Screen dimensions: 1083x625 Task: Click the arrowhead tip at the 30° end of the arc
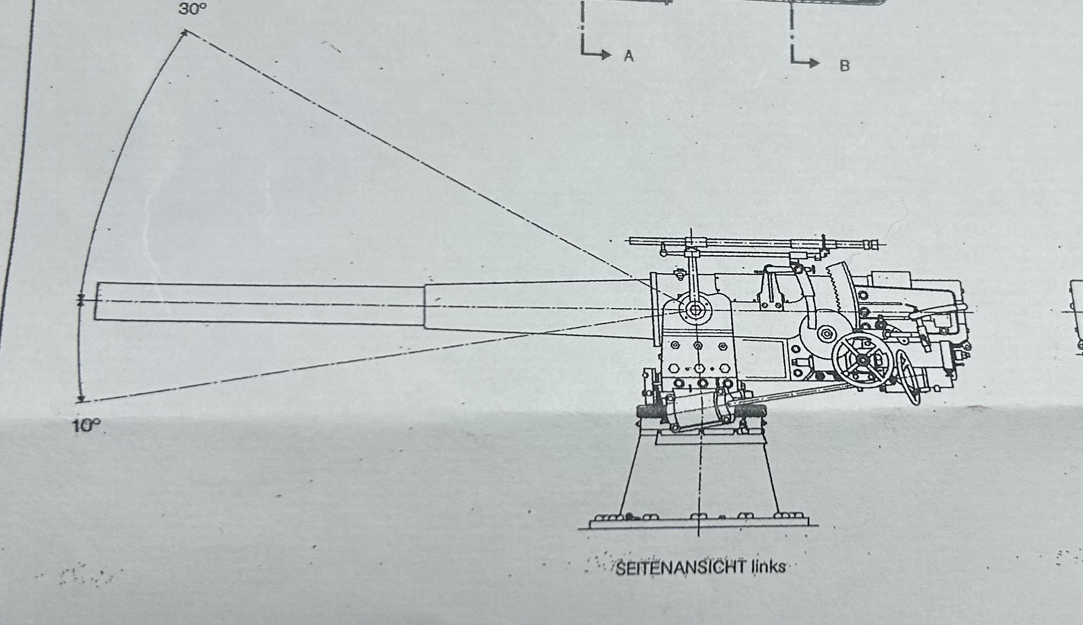[185, 32]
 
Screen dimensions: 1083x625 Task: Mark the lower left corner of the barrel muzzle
[95, 319]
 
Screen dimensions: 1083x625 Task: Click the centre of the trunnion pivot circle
[694, 310]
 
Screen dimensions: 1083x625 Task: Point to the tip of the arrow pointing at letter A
[612, 54]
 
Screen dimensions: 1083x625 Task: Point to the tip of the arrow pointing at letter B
[820, 63]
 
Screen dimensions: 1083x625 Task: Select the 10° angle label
[86, 426]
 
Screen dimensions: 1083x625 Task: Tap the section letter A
[628, 56]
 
